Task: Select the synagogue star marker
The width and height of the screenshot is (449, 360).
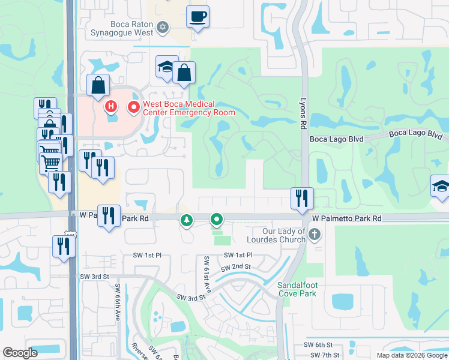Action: click(x=163, y=27)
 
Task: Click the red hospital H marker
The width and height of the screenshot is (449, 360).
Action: click(x=111, y=108)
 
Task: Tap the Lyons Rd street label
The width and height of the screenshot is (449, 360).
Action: click(x=303, y=115)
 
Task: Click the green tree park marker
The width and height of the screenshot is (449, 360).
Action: click(x=187, y=220)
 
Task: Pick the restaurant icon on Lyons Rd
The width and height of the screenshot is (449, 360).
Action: click(x=301, y=198)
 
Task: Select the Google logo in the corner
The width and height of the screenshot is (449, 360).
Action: click(x=20, y=353)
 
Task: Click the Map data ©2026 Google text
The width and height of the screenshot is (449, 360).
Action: click(x=412, y=355)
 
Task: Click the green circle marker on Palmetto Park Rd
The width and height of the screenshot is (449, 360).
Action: click(x=216, y=220)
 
